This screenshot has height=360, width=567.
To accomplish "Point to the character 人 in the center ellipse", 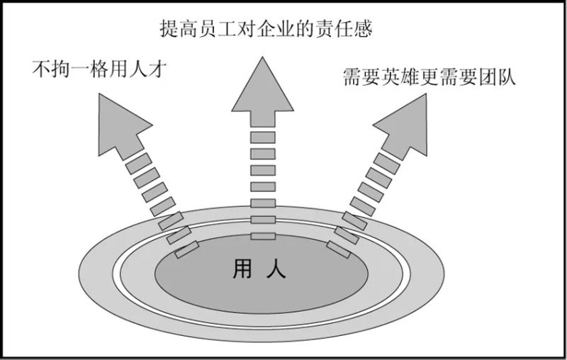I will pyautogui.click(x=277, y=269).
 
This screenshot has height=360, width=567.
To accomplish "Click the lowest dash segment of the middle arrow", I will pyautogui.click(x=262, y=235).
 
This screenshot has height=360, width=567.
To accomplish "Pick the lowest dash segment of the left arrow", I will pyautogui.click(x=187, y=249).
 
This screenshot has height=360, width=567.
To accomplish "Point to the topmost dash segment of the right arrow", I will pyautogui.click(x=387, y=162).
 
